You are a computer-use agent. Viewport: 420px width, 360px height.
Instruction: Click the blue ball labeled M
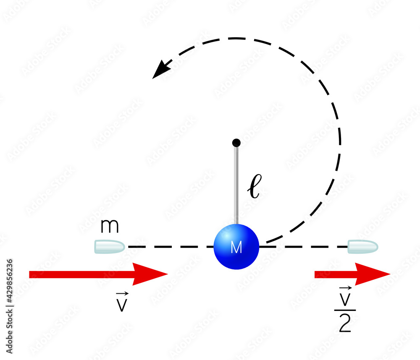tap(236, 246)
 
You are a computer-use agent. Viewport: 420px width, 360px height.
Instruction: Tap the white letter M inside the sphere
tap(236, 248)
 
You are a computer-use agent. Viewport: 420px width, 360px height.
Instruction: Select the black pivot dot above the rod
tap(236, 143)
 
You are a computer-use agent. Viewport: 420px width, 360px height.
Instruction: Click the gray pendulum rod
tap(236, 185)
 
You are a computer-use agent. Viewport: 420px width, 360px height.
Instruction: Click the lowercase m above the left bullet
tap(110, 227)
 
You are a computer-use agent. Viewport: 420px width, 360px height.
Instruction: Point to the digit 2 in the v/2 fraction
tap(345, 324)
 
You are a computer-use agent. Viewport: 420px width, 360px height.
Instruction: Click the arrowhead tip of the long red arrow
tap(167, 274)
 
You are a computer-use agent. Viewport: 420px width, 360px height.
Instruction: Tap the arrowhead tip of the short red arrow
tap(389, 274)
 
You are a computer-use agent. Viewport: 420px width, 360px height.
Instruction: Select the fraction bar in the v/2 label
tap(345, 310)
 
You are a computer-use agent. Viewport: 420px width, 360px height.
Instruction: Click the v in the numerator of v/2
tap(345, 299)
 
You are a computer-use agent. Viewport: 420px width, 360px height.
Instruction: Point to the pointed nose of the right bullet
tap(378, 247)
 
